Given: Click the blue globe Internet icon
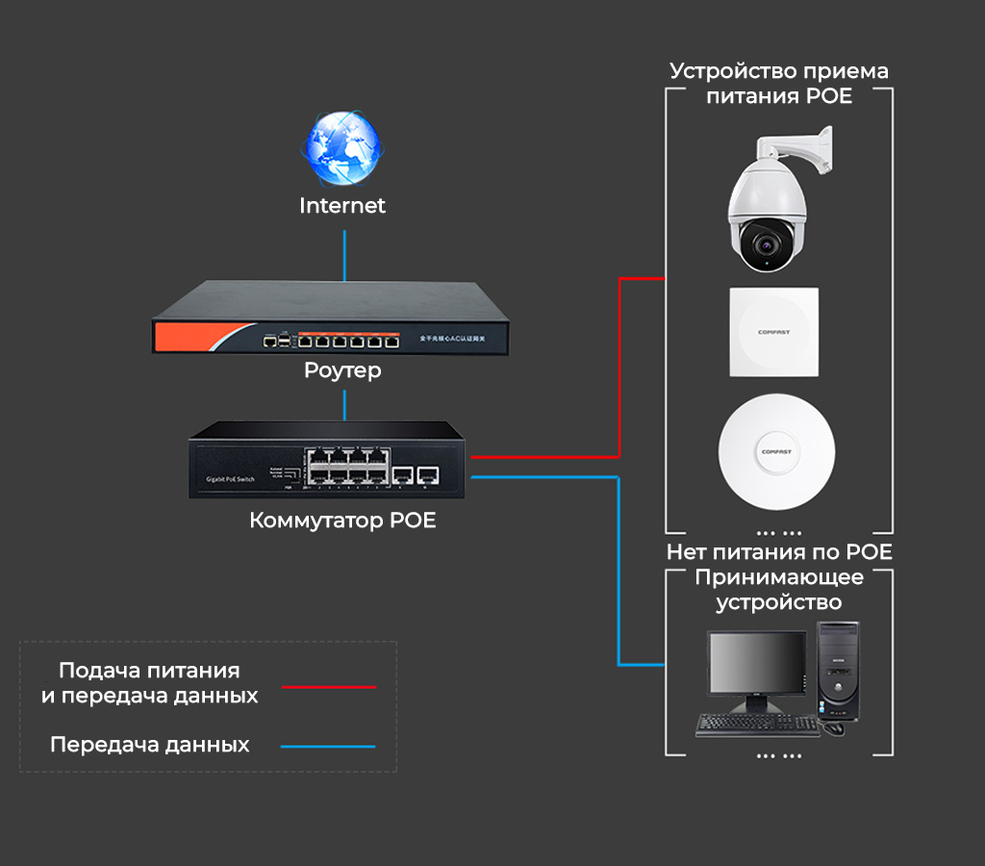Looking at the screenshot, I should [x=342, y=150].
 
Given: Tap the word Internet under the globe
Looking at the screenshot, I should [x=342, y=206].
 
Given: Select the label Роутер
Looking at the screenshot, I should [x=342, y=370].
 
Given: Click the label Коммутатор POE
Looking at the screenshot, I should [x=342, y=522].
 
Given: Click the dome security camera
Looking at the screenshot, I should [x=768, y=207].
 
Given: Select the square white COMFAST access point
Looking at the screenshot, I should [x=773, y=332].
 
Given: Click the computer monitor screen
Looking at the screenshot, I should [x=756, y=663].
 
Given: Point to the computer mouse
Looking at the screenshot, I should [x=834, y=727].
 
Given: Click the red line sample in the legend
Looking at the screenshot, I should [x=328, y=687].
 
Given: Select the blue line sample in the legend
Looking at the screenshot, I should [x=328, y=746].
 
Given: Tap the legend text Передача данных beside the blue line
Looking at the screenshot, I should [x=149, y=745].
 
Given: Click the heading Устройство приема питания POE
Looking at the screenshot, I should [x=779, y=84].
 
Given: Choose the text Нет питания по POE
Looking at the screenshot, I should [x=779, y=552].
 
